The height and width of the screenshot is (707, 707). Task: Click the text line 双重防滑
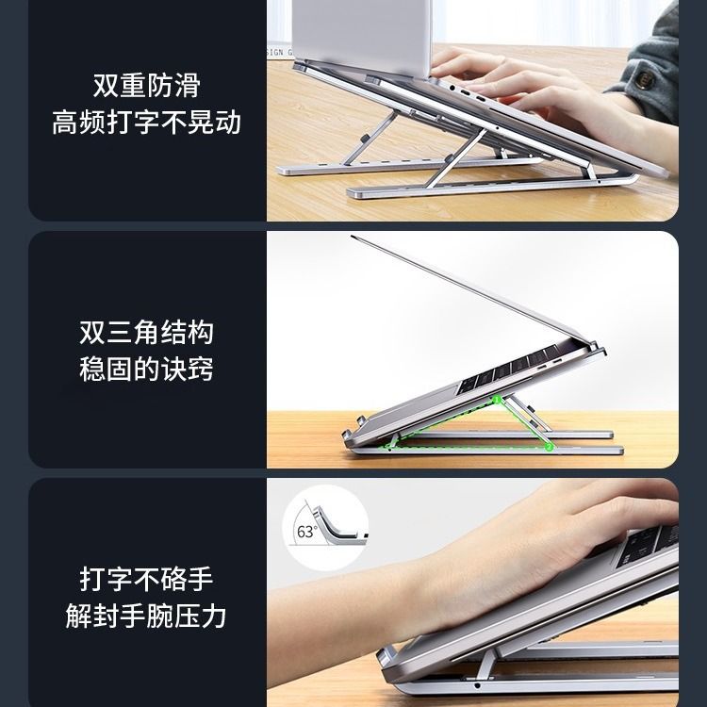point(146,85)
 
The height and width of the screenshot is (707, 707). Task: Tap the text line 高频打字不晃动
point(146,123)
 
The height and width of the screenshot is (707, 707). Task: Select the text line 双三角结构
point(146,333)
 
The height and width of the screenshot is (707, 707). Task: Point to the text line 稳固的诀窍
point(146,370)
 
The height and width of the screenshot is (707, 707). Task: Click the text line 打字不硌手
point(146,579)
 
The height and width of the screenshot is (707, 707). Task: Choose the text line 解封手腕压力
point(145,616)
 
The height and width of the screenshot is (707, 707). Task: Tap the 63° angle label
point(307,532)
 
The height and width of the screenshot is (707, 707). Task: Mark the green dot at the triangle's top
point(497,400)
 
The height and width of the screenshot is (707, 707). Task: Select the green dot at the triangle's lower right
point(549,447)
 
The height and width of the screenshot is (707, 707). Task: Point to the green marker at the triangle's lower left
point(387,447)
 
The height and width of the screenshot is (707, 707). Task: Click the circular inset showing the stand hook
point(325,528)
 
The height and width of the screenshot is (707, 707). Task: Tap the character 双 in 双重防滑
point(106,85)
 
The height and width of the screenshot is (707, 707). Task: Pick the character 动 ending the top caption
point(228,123)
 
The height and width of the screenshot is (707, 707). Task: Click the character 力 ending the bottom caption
point(213,616)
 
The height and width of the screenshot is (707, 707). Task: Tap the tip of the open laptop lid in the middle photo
point(352,236)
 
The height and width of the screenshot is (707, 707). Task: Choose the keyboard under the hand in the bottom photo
point(647,547)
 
